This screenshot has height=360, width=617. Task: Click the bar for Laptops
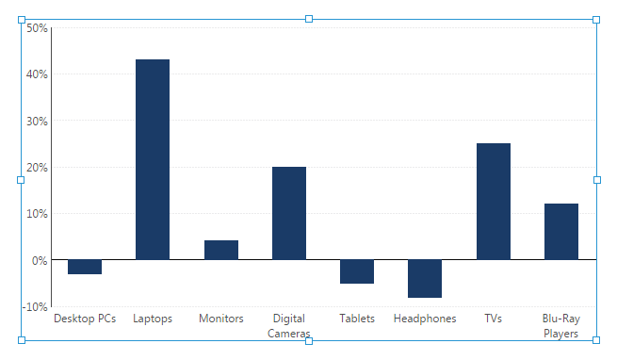point(153,159)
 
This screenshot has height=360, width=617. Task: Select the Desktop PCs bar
point(85,267)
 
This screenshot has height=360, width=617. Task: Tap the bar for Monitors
point(221,250)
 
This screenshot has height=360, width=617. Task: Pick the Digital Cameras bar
point(289,213)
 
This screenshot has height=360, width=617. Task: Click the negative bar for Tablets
point(357,271)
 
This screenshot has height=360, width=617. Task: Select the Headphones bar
point(425,278)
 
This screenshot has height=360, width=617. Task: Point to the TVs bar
point(494,202)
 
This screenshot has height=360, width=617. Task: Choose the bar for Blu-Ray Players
point(561,232)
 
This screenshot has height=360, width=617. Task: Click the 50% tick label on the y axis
point(37,28)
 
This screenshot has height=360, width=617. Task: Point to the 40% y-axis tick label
point(37,74)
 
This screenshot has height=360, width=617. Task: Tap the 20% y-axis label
point(37,168)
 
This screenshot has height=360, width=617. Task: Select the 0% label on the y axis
point(40,260)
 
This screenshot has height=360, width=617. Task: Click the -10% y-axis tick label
point(36,306)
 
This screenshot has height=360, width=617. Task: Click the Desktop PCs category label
point(85,319)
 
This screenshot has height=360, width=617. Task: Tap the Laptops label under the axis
point(153,319)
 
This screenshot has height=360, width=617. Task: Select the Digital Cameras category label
point(289,326)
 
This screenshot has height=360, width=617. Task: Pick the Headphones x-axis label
point(425,319)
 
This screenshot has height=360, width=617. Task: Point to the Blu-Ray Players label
point(561,326)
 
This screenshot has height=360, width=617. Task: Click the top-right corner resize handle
point(596,19)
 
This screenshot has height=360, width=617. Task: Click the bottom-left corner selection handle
point(22,340)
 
